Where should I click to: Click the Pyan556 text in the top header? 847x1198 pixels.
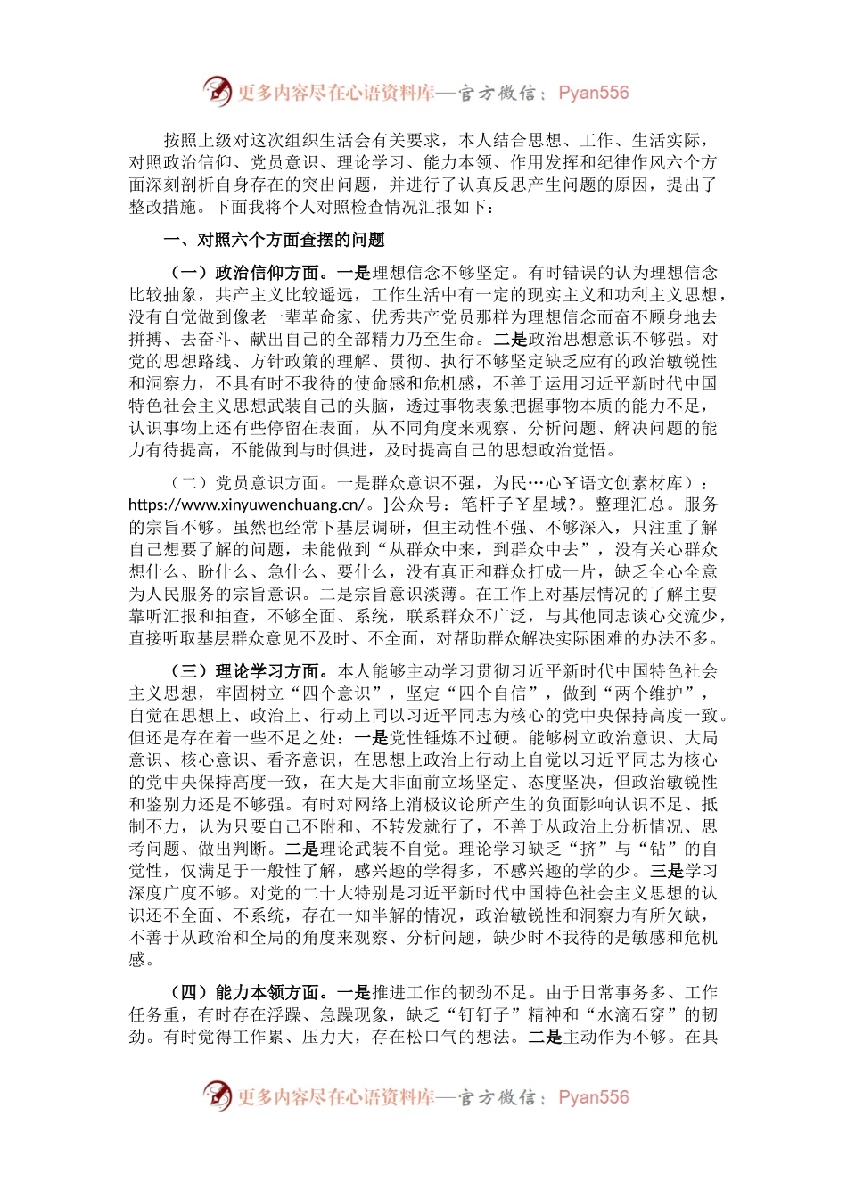(593, 93)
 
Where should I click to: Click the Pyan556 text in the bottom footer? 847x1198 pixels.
(593, 1097)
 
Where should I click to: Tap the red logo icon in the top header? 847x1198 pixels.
(217, 92)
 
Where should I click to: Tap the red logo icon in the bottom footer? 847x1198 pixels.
(217, 1096)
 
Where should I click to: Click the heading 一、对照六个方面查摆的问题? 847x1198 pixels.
(275, 239)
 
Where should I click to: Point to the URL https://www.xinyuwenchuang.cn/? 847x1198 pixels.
(246, 505)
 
